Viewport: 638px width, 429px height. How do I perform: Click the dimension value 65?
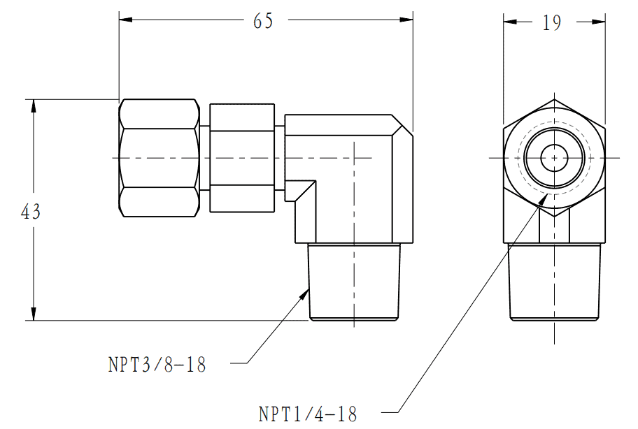coord(263,21)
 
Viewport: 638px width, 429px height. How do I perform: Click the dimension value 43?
coord(31,212)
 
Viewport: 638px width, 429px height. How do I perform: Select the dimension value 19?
coord(552,23)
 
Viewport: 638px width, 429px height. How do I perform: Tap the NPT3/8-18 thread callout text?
coord(157,365)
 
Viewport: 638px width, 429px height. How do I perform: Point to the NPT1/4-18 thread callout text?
coord(308,414)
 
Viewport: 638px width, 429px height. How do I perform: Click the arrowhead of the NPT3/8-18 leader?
coord(304,293)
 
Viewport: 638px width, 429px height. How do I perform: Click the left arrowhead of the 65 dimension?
coord(126,20)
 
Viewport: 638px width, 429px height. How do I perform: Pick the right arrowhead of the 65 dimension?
coord(406,20)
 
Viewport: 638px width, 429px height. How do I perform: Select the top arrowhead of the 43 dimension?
coord(34,106)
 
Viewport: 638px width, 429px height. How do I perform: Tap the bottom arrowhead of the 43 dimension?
coord(34,314)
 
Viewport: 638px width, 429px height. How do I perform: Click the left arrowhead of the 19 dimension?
coord(510,22)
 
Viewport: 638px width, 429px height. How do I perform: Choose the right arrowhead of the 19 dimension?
coord(598,22)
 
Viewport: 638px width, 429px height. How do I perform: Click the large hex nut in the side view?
coord(159,158)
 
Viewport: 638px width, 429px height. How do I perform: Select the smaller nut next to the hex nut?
coord(242,158)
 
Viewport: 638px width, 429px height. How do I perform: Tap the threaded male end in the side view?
coord(354,282)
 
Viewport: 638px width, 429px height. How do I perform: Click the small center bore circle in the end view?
coord(554,158)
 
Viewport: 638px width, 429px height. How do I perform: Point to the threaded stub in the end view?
coord(554,282)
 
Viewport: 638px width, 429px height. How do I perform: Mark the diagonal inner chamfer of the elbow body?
coord(305,191)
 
